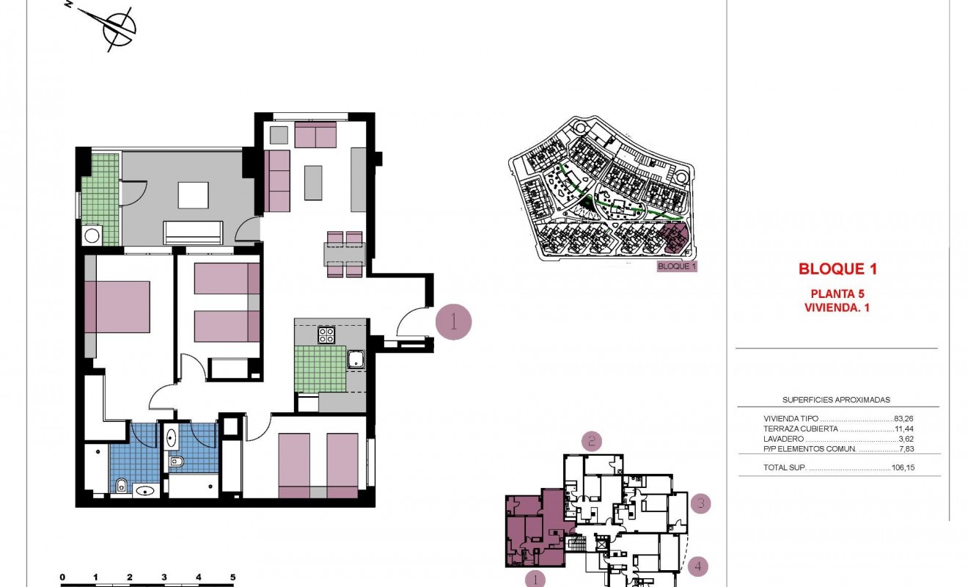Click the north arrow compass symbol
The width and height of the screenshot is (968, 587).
click(x=117, y=30)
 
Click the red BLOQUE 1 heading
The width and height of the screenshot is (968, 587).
click(x=837, y=269)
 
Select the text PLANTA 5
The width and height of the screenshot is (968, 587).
click(x=837, y=293)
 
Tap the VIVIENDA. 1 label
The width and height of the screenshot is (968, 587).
click(x=837, y=308)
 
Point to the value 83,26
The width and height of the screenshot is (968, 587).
click(x=906, y=418)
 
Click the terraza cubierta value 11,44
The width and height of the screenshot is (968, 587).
click(x=906, y=429)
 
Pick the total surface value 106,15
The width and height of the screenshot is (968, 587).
click(x=904, y=467)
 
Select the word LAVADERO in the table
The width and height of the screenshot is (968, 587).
click(x=782, y=439)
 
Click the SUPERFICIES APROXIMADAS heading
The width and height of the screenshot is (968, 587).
click(x=836, y=400)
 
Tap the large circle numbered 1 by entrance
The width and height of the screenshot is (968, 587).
click(x=453, y=321)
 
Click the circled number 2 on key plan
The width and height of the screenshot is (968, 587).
click(x=592, y=441)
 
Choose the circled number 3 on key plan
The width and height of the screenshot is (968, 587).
click(x=701, y=503)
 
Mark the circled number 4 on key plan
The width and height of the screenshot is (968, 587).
click(x=699, y=566)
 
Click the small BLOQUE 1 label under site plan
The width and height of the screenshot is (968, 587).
click(x=676, y=266)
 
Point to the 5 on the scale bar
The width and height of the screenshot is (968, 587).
click(x=232, y=577)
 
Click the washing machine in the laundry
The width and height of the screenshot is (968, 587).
click(x=92, y=236)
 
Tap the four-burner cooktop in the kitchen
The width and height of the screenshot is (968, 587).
click(x=326, y=335)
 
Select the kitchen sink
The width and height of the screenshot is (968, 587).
click(x=356, y=360)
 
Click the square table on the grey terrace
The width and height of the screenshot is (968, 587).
click(x=193, y=196)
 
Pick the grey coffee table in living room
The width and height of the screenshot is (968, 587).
click(x=312, y=183)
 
